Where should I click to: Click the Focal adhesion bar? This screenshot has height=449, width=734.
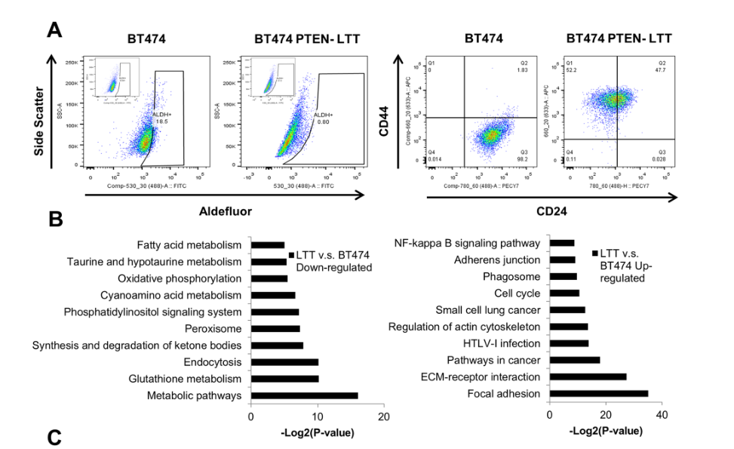point(599,393)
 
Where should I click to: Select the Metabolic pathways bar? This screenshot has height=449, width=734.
point(304,395)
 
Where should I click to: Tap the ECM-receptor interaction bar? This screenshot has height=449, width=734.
point(588,377)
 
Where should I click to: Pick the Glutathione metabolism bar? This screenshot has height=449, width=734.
point(284,378)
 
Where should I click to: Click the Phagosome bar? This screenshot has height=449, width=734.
point(564,276)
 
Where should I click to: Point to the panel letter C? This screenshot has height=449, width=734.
point(54,436)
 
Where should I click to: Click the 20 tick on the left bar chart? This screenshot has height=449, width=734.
point(384,416)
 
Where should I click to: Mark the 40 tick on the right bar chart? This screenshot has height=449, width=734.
point(662,415)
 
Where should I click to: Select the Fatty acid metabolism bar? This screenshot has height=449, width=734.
point(268,244)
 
